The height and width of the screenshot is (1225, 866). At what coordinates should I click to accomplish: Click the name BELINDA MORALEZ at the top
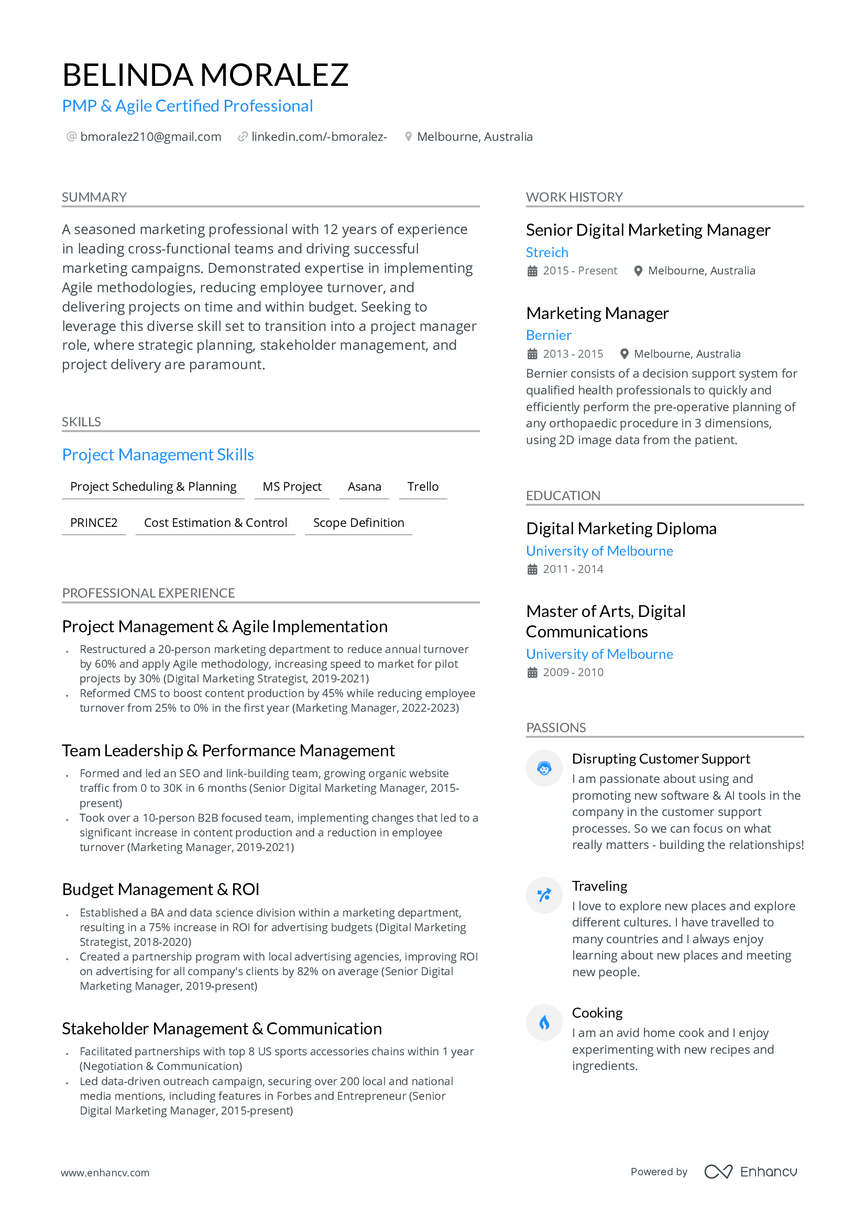[205, 75]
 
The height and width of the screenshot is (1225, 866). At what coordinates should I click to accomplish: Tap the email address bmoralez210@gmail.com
[150, 137]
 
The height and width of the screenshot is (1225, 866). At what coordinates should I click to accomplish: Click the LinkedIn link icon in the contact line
[242, 137]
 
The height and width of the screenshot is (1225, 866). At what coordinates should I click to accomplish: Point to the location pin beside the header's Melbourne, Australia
[408, 137]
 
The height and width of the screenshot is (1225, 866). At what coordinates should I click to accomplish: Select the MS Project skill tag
[292, 487]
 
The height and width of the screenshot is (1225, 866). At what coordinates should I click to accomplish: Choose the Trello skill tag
[423, 487]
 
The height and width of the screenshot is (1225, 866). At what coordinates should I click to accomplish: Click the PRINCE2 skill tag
[94, 523]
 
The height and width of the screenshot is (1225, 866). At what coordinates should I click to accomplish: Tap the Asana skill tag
[365, 487]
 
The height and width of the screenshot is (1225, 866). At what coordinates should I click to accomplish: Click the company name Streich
[547, 252]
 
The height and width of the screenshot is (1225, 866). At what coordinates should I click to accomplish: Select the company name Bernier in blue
[549, 335]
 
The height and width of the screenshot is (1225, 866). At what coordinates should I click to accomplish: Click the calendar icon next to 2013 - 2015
[532, 354]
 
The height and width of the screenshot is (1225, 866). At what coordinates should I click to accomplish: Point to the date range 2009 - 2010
[573, 672]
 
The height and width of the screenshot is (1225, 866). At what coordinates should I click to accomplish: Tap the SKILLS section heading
[81, 422]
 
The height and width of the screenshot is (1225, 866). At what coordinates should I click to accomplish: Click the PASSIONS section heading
[556, 728]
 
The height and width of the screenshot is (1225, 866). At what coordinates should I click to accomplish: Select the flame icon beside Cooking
[544, 1023]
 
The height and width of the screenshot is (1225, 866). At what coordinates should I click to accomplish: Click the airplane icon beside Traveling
[544, 895]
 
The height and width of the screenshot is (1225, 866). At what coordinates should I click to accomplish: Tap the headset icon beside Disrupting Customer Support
[544, 768]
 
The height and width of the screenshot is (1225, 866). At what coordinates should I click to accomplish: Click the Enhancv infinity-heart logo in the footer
[718, 1172]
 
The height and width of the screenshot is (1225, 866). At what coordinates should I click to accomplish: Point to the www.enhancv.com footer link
[105, 1173]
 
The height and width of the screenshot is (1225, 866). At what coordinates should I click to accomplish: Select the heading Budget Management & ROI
[161, 889]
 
